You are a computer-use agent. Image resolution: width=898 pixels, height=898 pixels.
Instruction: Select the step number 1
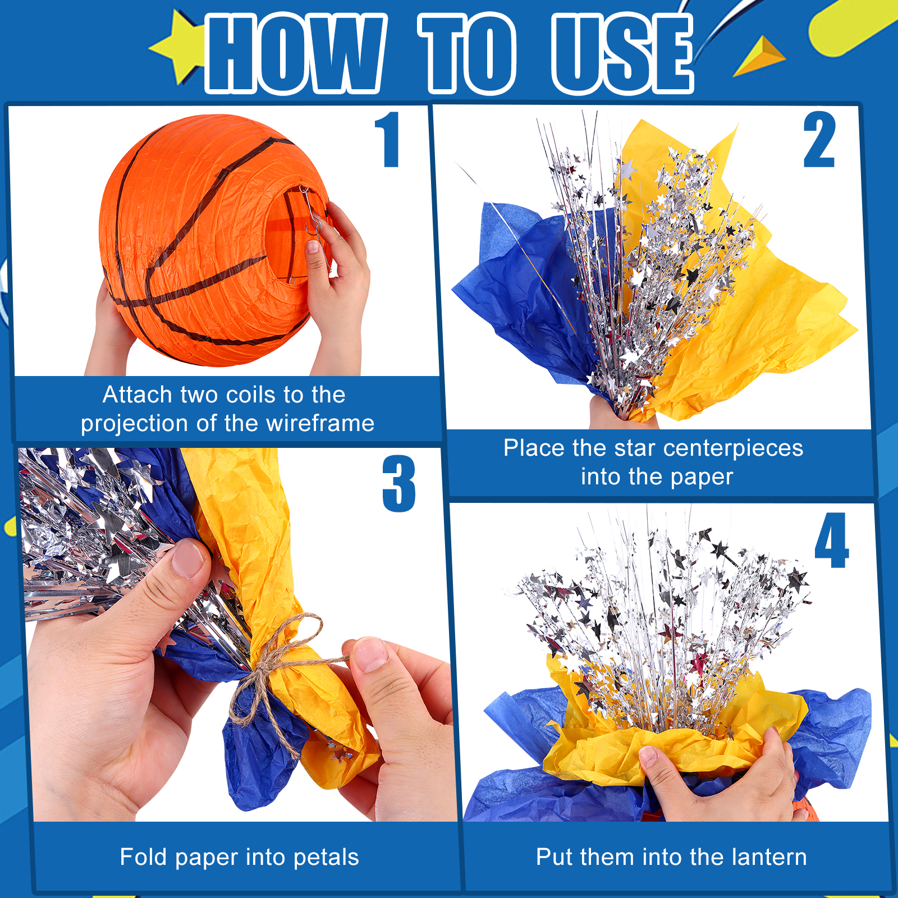pyautogui.click(x=387, y=139)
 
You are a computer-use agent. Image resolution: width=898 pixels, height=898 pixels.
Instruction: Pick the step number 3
pyautogui.click(x=399, y=483)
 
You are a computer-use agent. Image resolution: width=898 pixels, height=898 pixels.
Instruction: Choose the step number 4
pyautogui.click(x=832, y=540)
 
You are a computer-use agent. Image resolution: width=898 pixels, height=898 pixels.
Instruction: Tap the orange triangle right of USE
pyautogui.click(x=759, y=56)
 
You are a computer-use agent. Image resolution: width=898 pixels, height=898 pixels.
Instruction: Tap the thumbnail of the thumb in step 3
pyautogui.click(x=187, y=558)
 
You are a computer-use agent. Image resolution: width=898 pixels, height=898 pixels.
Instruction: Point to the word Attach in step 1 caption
pyautogui.click(x=138, y=395)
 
